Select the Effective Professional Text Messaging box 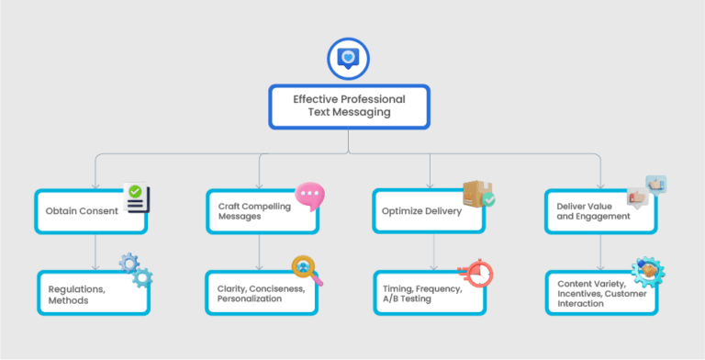click(348, 106)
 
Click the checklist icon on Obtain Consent click(137, 197)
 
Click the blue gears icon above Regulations click(136, 270)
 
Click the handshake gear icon click(648, 271)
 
